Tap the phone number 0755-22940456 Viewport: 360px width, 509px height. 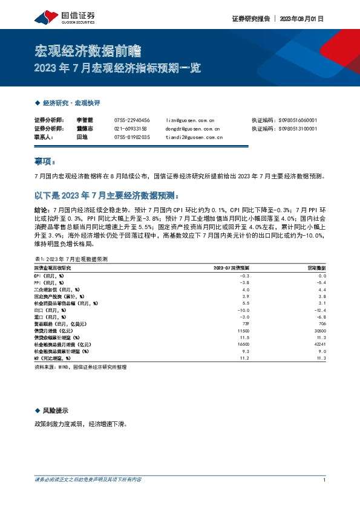point(131,120)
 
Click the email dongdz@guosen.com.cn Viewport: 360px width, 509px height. point(192,129)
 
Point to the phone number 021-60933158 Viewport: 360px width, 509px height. point(131,129)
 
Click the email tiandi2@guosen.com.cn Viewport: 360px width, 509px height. point(194,137)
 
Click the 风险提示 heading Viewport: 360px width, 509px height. point(55,410)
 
